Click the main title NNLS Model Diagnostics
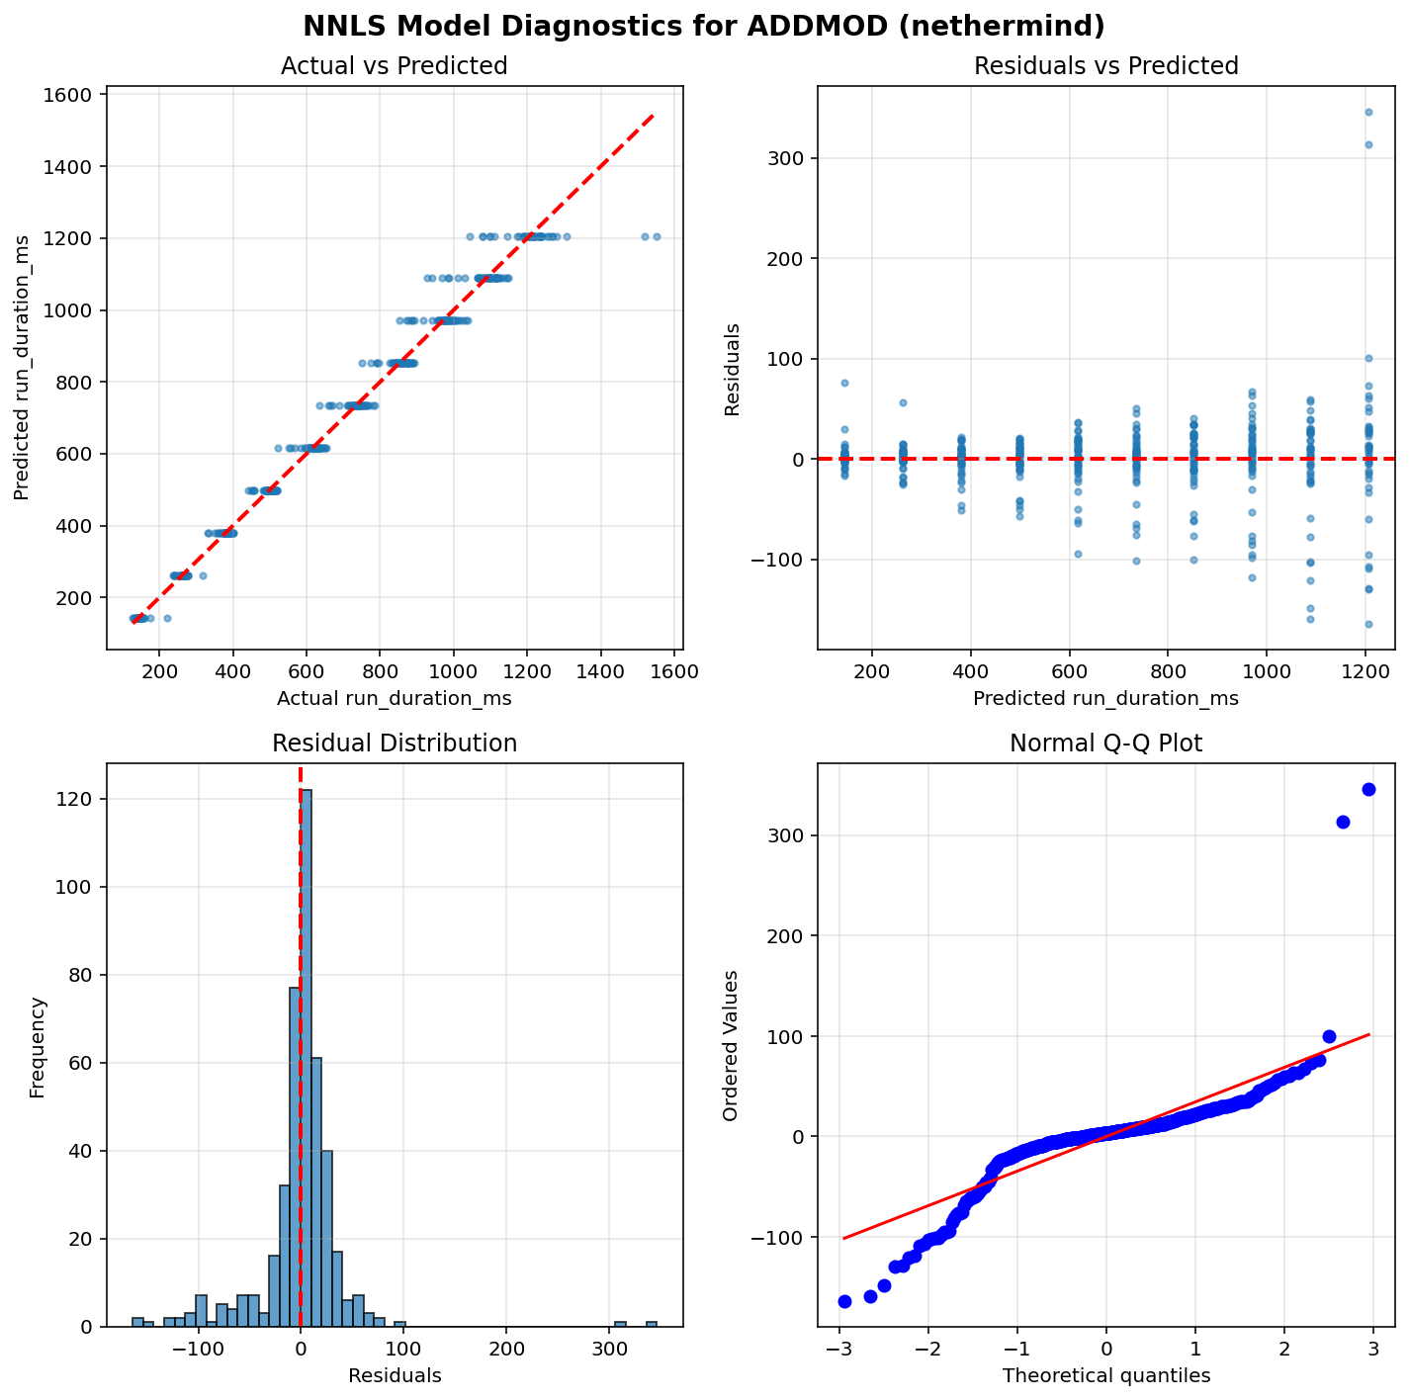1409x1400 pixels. [704, 26]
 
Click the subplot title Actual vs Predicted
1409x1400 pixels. [394, 66]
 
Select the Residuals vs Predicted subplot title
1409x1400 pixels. [1105, 66]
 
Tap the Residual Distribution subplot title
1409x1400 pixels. [394, 744]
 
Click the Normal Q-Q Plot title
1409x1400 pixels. [1105, 744]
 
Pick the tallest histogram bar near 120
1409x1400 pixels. [307, 1058]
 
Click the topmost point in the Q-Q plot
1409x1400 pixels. [1368, 789]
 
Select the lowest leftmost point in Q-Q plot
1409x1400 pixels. [844, 1301]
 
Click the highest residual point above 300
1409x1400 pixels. [1368, 112]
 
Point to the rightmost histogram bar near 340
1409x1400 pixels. [652, 1324]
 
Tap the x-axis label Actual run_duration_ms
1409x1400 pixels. [394, 699]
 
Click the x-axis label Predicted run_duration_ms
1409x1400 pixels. [1105, 699]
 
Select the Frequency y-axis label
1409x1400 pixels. [38, 1047]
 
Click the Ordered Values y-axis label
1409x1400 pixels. [731, 1047]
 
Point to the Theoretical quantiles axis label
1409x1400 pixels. [1105, 1375]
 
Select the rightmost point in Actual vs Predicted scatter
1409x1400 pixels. [657, 236]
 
